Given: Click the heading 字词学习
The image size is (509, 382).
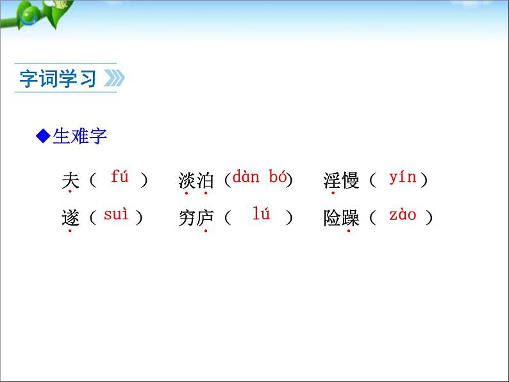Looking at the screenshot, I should (x=58, y=79).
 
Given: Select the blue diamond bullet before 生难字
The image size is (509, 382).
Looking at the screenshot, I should (x=43, y=136).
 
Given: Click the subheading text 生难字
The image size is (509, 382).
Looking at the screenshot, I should (x=79, y=136).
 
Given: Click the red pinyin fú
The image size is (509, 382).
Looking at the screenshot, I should (x=120, y=177).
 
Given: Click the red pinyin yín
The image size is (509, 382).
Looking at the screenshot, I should (x=403, y=178).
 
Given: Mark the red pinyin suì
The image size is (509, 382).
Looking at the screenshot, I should (x=116, y=215).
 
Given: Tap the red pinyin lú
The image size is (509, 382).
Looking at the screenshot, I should (x=261, y=215).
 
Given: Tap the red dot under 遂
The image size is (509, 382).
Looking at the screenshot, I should (x=69, y=231).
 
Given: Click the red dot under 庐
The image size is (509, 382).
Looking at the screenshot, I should (x=205, y=231).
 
